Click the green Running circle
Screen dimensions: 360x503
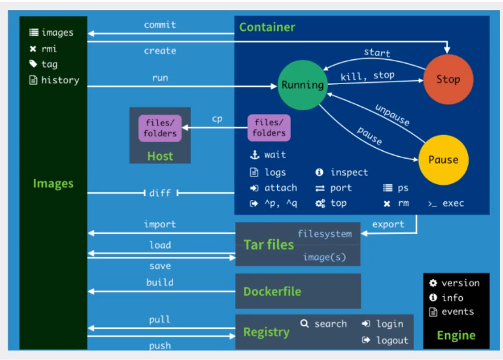302,85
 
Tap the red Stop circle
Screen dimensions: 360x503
448,80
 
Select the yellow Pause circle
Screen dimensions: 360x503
443,160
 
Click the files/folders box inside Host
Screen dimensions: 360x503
160,127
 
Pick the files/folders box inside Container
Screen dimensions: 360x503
269,127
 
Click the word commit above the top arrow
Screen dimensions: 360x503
160,25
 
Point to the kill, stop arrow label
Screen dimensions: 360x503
367,76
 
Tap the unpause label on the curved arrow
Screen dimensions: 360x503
392,115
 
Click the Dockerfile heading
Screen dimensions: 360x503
272,292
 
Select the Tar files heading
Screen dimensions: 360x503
269,245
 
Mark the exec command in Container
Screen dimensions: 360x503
453,203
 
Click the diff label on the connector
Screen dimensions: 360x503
160,193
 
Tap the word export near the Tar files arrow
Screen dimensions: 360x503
388,224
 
